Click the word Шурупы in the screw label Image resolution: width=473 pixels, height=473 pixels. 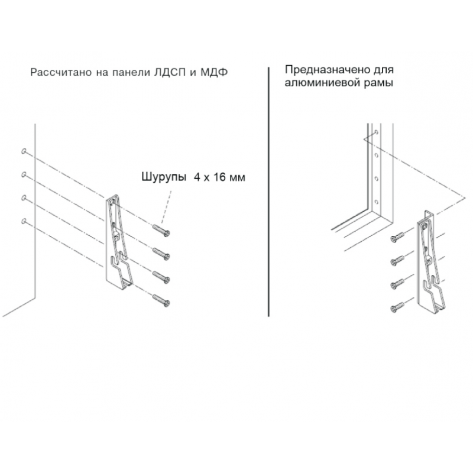pos(164,177)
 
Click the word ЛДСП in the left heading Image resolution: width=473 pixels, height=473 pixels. pos(170,73)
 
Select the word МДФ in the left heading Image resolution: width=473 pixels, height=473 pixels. pos(214,72)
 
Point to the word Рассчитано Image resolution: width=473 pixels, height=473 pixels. pos(61,73)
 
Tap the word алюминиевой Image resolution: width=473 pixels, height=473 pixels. pos(322,83)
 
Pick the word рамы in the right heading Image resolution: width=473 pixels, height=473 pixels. pos(378,83)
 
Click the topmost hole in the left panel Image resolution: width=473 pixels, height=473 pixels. pos(24,151)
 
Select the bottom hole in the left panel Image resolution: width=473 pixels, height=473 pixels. pos(24,221)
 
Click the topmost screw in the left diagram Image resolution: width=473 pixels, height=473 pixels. pos(161,231)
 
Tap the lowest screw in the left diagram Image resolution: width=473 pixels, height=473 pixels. pos(161,301)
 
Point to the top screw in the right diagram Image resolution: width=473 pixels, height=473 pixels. pos(397,237)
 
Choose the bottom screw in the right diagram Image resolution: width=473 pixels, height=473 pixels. pos(397,307)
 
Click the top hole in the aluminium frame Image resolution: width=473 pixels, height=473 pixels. pos(377,132)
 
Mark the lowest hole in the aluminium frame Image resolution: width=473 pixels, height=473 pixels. pos(377,202)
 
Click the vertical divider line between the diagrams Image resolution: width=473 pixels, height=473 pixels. pos(268,192)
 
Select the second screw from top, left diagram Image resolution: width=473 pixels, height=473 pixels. pos(161,254)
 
